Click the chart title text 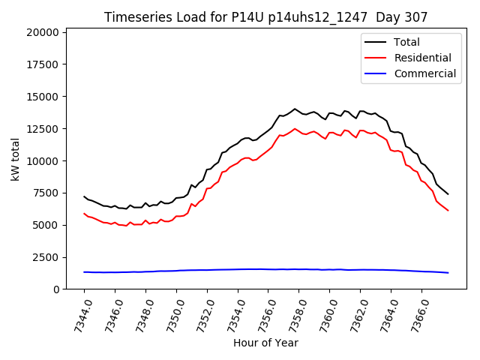point(266,17)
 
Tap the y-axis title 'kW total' point(16,160)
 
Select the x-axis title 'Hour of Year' point(265,343)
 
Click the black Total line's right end point(448,194)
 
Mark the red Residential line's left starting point point(84,214)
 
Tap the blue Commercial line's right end point(448,272)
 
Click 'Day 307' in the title point(405,17)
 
